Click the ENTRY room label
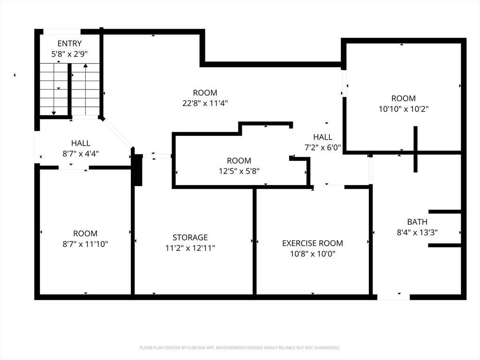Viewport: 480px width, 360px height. click(69, 44)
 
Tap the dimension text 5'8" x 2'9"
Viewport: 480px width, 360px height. click(69, 54)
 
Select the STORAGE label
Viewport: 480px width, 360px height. click(190, 238)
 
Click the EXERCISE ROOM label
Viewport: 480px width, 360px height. click(313, 243)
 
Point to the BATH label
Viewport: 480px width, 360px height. click(417, 222)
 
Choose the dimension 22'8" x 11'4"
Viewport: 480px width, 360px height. click(205, 103)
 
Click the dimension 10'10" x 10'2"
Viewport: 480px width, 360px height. click(404, 109)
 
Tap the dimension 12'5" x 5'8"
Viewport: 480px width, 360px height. click(239, 171)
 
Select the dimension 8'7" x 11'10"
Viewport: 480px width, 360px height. click(85, 244)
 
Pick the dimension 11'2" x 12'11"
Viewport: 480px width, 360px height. click(190, 248)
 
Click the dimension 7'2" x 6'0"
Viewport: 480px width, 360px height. click(322, 148)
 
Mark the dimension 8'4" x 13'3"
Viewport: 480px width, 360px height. click(417, 232)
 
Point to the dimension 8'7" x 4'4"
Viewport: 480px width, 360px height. click(81, 154)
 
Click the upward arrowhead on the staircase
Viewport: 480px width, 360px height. click(86, 66)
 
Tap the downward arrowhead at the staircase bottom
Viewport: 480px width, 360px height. click(54, 113)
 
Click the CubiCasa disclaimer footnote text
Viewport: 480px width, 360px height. click(240, 348)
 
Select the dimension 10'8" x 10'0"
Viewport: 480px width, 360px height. click(313, 254)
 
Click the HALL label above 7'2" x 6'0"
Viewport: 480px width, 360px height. click(322, 137)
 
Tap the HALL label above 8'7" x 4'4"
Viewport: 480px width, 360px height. click(81, 143)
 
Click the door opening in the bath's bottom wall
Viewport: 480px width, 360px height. click(393, 297)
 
